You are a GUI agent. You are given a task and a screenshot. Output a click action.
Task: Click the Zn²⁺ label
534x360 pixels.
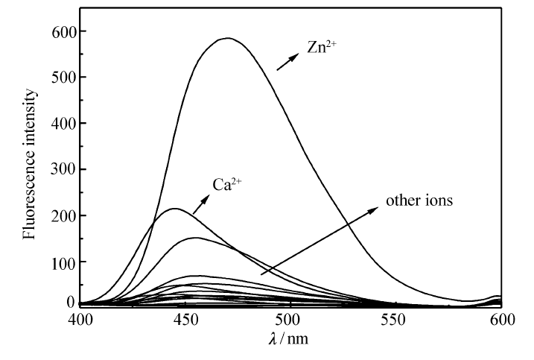coord(322,46)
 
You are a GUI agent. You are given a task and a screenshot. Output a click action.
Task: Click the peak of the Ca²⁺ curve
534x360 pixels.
coord(174,209)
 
